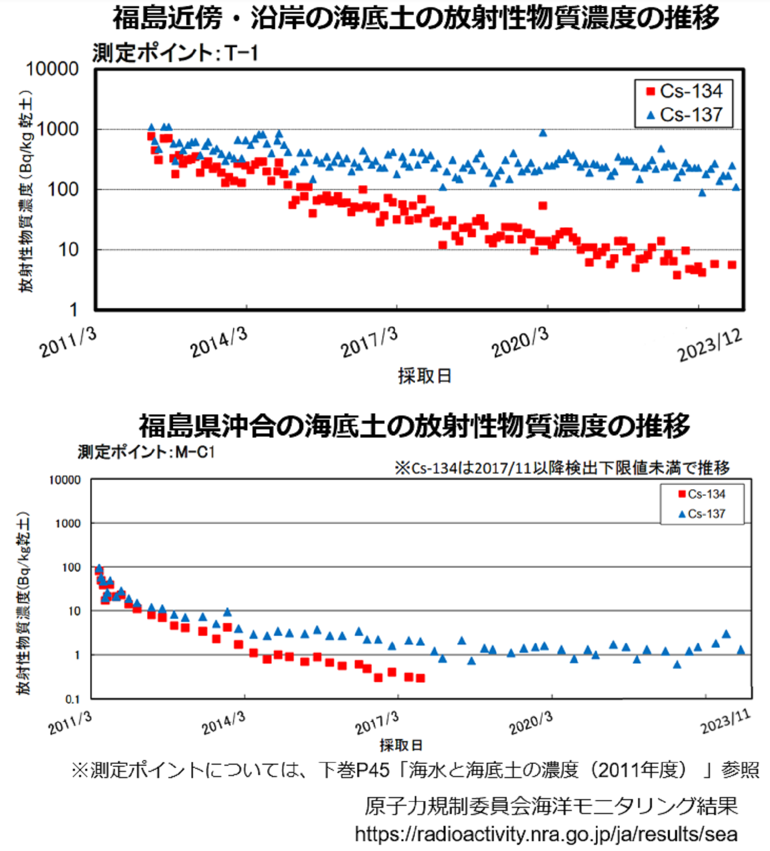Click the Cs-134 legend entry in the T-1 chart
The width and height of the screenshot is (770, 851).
[685, 91]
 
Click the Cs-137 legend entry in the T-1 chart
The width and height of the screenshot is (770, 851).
[685, 115]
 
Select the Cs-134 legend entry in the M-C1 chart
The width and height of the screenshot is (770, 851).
[702, 494]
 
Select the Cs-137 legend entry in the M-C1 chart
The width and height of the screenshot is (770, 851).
[702, 514]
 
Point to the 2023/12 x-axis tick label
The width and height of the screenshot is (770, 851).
[709, 345]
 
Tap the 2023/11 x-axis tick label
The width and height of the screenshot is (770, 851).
[725, 721]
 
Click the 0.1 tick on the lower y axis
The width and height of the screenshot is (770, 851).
[72, 699]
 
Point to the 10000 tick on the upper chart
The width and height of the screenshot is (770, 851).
[52, 69]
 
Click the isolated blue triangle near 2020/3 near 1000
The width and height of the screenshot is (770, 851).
[543, 133]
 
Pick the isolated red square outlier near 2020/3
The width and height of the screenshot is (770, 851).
[543, 205]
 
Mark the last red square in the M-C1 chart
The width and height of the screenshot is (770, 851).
[420, 678]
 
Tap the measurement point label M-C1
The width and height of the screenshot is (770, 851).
[146, 452]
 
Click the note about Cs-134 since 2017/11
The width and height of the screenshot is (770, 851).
[562, 467]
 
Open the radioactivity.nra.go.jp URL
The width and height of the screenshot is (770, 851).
[546, 834]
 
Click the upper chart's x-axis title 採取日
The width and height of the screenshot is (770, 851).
[425, 375]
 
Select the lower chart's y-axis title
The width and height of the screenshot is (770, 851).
[25, 603]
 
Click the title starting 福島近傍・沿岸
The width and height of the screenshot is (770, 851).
[416, 18]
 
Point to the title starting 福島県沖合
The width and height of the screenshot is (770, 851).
[415, 426]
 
